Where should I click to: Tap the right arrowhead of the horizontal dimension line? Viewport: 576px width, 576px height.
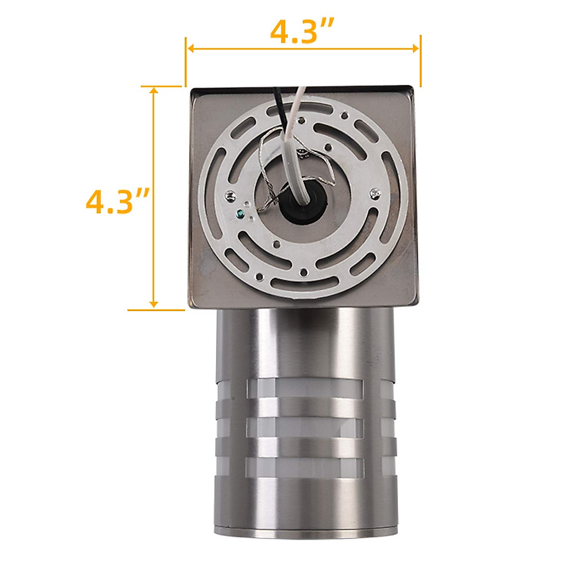(x=416, y=48)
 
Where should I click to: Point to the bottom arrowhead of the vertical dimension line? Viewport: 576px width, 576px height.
(x=154, y=304)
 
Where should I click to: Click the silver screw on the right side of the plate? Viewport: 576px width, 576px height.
(x=374, y=193)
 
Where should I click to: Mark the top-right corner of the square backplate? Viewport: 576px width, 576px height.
(x=411, y=89)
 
